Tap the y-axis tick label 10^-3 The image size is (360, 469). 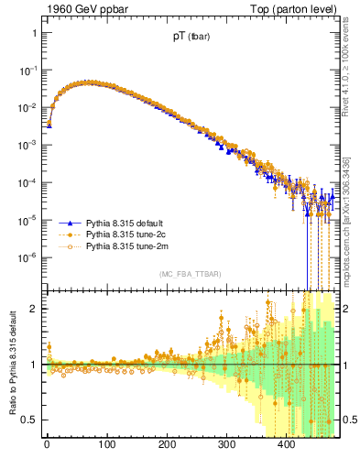pyautogui.click(x=27, y=145)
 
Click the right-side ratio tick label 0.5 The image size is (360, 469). pyautogui.click(x=349, y=420)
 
